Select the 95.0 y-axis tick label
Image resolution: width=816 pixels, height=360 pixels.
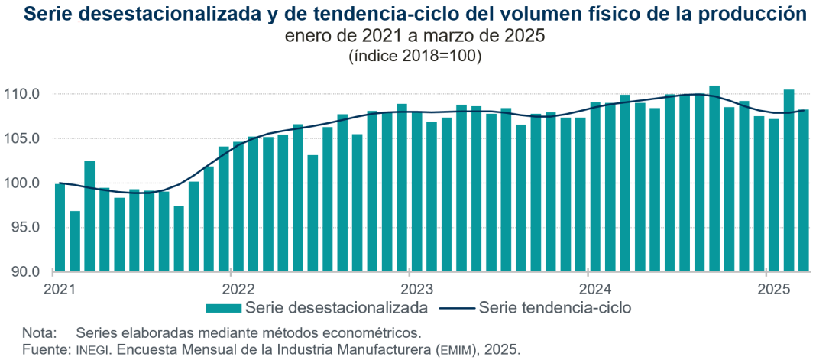coord(25,227)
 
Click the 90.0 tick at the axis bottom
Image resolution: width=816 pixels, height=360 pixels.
coord(25,271)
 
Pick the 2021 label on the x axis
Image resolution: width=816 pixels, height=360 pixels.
coord(59,289)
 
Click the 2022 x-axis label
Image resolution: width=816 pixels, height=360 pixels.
coord(238,289)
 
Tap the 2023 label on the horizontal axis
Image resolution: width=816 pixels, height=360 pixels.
coord(416,289)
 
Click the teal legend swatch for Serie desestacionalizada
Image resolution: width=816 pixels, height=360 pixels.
coord(224,308)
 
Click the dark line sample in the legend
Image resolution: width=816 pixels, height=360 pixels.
coord(455,308)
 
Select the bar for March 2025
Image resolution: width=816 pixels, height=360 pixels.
coord(804,191)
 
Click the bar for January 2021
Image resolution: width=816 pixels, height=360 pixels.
coord(60,228)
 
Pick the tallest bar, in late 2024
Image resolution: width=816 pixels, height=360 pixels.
coord(714,179)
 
